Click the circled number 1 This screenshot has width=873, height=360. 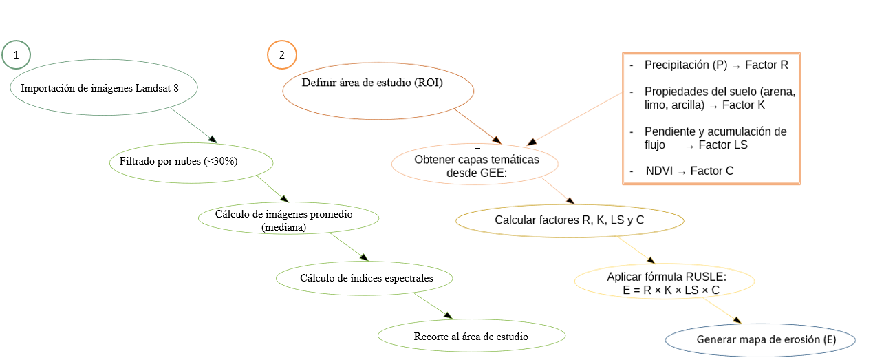pos(17,54)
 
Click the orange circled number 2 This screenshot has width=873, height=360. pos(281,55)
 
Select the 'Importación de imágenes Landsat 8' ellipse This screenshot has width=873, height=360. pos(104,88)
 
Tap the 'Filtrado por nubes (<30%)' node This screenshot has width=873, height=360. pos(191,162)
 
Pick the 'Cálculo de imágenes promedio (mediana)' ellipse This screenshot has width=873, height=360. pos(288,219)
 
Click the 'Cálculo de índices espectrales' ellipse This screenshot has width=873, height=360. pos(365,278)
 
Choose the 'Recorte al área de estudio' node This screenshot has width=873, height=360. pos(471,337)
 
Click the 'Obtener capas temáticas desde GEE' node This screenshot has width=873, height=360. pos(475,165)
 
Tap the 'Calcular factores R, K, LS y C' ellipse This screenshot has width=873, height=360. pos(569,220)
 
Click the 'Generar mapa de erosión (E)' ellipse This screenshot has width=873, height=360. pos(760,339)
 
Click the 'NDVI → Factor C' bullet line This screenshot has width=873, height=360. pos(689,171)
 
